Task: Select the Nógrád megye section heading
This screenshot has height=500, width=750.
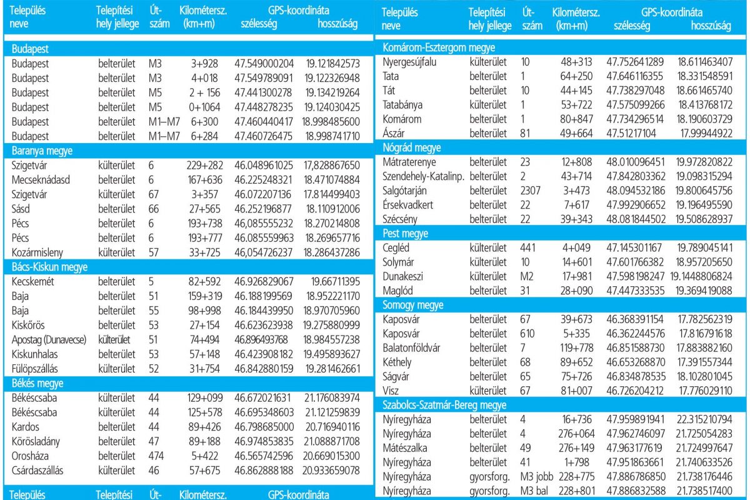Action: pos(411,147)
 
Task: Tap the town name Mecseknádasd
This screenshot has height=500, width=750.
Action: pos(40,179)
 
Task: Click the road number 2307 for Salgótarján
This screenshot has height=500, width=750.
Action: pos(530,191)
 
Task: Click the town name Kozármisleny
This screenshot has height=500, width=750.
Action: pos(38,252)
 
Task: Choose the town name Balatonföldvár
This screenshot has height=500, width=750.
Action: pos(416,347)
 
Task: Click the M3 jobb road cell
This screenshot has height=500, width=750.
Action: pos(534,477)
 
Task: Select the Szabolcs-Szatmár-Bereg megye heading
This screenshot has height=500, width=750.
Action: pos(444,405)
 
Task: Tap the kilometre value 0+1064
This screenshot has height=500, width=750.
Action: pos(203,107)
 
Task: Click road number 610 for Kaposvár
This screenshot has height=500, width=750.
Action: pos(527,333)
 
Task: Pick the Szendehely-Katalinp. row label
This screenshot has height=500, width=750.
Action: pos(422,176)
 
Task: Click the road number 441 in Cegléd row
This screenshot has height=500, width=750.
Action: pos(527,247)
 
